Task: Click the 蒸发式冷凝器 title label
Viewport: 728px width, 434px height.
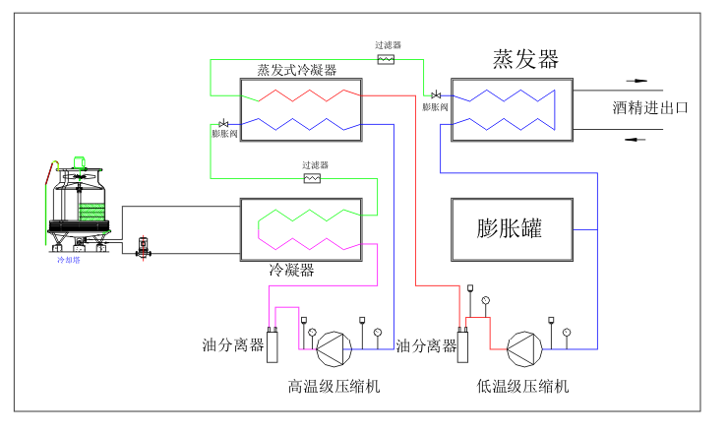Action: [296, 70]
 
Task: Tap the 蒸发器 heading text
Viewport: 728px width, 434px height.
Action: [525, 59]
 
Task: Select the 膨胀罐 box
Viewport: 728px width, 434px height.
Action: [511, 229]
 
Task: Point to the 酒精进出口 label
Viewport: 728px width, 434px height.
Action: [649, 107]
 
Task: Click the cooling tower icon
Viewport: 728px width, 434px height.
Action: [80, 202]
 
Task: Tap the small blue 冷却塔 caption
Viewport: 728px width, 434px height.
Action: [69, 260]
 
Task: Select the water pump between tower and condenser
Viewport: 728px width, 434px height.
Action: [143, 245]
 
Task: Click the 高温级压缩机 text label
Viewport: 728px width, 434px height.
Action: [334, 386]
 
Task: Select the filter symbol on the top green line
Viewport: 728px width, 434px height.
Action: [387, 59]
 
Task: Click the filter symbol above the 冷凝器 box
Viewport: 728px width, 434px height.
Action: [313, 179]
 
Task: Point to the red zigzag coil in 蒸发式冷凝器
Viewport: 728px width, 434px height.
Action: [305, 94]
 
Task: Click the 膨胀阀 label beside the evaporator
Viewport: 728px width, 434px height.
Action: [436, 106]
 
